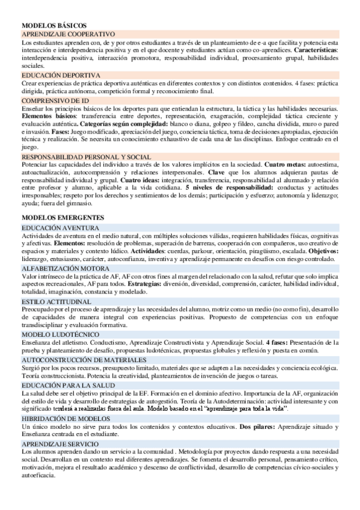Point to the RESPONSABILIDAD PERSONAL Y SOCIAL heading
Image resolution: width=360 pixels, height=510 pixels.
[86, 157]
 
